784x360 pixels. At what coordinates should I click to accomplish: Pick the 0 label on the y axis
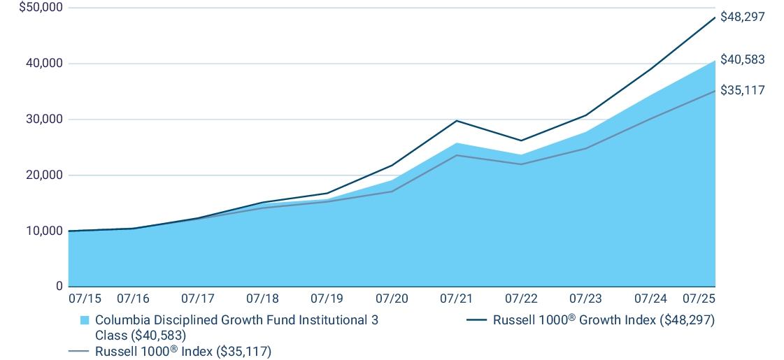click(x=59, y=287)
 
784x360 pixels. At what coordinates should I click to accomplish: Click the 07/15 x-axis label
click(x=85, y=298)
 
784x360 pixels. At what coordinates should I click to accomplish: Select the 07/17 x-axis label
click(x=198, y=298)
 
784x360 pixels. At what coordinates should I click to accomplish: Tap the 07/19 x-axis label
click(x=327, y=298)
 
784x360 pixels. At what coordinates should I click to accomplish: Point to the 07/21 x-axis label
click(x=456, y=298)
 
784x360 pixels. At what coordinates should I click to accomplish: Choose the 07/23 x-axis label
click(x=585, y=298)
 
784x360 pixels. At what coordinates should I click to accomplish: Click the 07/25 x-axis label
click(x=699, y=298)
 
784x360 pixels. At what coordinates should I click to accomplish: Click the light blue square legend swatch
click(x=85, y=320)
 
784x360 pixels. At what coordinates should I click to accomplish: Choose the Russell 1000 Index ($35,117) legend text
click(x=183, y=351)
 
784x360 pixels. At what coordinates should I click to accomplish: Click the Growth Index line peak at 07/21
click(x=456, y=120)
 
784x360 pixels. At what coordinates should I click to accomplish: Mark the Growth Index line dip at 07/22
click(x=521, y=141)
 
